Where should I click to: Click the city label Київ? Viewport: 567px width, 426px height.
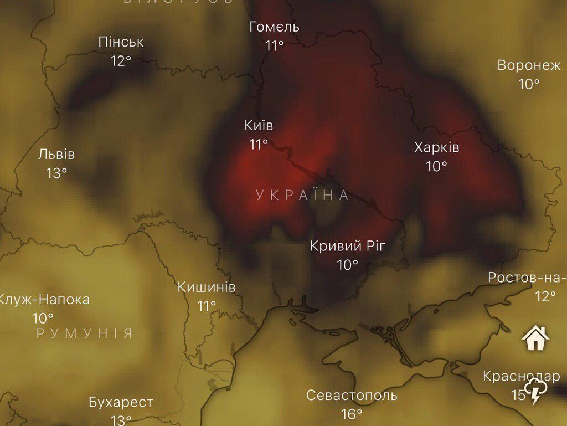(x=259, y=126)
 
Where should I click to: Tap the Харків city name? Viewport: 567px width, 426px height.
(x=436, y=148)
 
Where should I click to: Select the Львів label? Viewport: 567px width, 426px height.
(x=56, y=155)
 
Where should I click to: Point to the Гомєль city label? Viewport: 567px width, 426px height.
(x=274, y=27)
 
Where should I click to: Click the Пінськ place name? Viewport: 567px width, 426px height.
(x=121, y=42)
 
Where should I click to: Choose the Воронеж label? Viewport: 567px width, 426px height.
(x=529, y=65)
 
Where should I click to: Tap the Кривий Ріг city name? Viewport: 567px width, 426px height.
(x=347, y=246)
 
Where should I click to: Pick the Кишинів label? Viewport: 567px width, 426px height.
(x=207, y=288)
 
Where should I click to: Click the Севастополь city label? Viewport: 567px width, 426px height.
(x=352, y=396)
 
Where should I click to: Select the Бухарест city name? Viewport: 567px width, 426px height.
(x=121, y=402)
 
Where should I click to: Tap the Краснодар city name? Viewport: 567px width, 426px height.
(x=521, y=377)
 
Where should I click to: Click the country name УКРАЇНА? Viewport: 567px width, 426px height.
(x=302, y=195)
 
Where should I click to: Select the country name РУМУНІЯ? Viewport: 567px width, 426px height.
(x=85, y=333)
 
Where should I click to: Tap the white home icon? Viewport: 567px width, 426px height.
(x=535, y=338)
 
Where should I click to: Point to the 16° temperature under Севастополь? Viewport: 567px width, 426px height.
(x=352, y=414)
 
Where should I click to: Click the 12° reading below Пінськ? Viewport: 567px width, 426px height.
(x=121, y=60)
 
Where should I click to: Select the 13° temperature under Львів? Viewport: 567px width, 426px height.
(x=56, y=173)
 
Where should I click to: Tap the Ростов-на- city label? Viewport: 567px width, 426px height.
(x=527, y=278)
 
